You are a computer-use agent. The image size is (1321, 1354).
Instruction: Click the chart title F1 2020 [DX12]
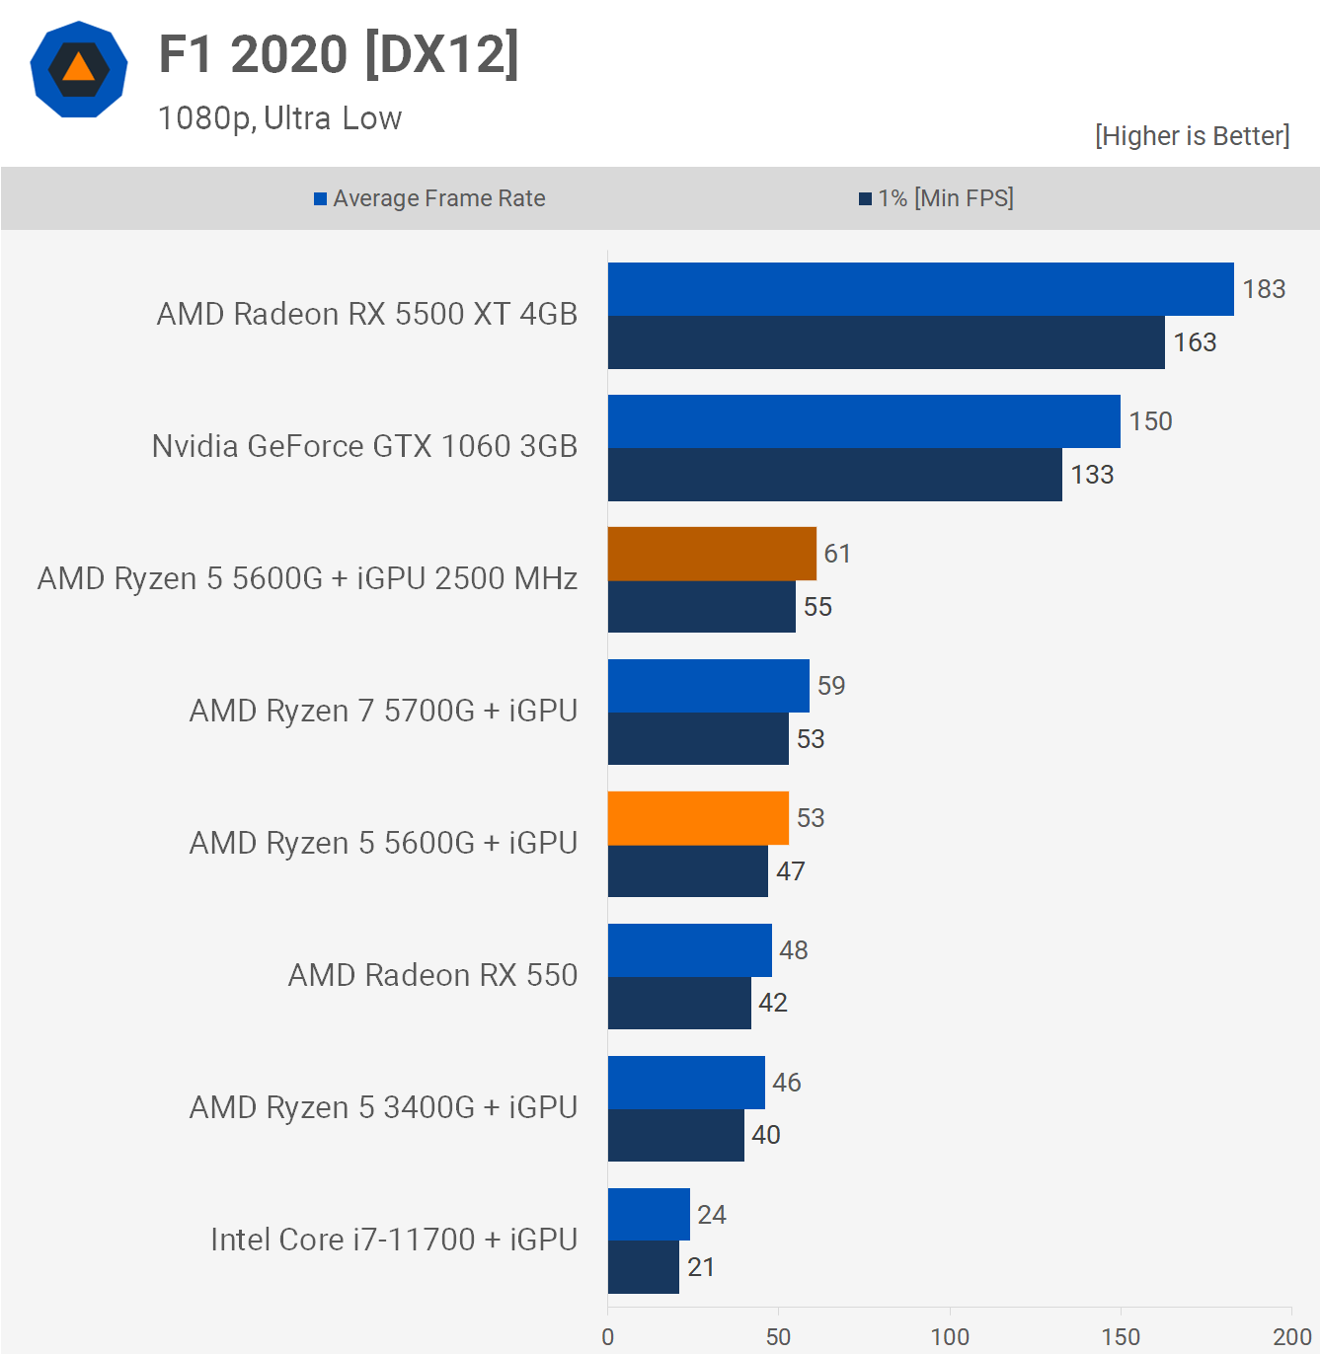339,55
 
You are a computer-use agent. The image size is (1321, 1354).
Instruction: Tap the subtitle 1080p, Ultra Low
279,118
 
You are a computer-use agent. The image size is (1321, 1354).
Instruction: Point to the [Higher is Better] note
1192,136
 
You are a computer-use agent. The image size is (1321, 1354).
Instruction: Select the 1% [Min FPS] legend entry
936,198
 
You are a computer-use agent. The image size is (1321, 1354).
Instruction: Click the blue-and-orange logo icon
79,69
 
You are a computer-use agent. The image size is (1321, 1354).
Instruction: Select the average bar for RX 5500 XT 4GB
920,289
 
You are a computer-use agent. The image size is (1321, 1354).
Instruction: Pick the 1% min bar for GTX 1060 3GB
834,475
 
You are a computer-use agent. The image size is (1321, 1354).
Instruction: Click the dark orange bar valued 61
712,554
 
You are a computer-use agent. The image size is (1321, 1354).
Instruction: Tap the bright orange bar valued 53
698,818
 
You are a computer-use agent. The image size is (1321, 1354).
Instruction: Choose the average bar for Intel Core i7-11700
649,1214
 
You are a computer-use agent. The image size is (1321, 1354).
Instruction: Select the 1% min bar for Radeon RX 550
679,1003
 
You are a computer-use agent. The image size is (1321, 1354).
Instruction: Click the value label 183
1264,289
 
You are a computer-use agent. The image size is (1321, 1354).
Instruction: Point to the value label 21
701,1267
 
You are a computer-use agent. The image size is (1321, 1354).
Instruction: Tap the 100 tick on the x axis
950,1336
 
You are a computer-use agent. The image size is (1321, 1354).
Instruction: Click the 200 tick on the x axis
1291,1336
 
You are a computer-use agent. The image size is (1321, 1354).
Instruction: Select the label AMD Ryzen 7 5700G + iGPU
383,711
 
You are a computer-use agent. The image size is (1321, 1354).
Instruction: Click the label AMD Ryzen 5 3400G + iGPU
383,1107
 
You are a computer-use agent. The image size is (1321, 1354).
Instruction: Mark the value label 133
1092,475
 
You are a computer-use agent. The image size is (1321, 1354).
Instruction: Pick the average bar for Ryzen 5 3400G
686,1083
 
